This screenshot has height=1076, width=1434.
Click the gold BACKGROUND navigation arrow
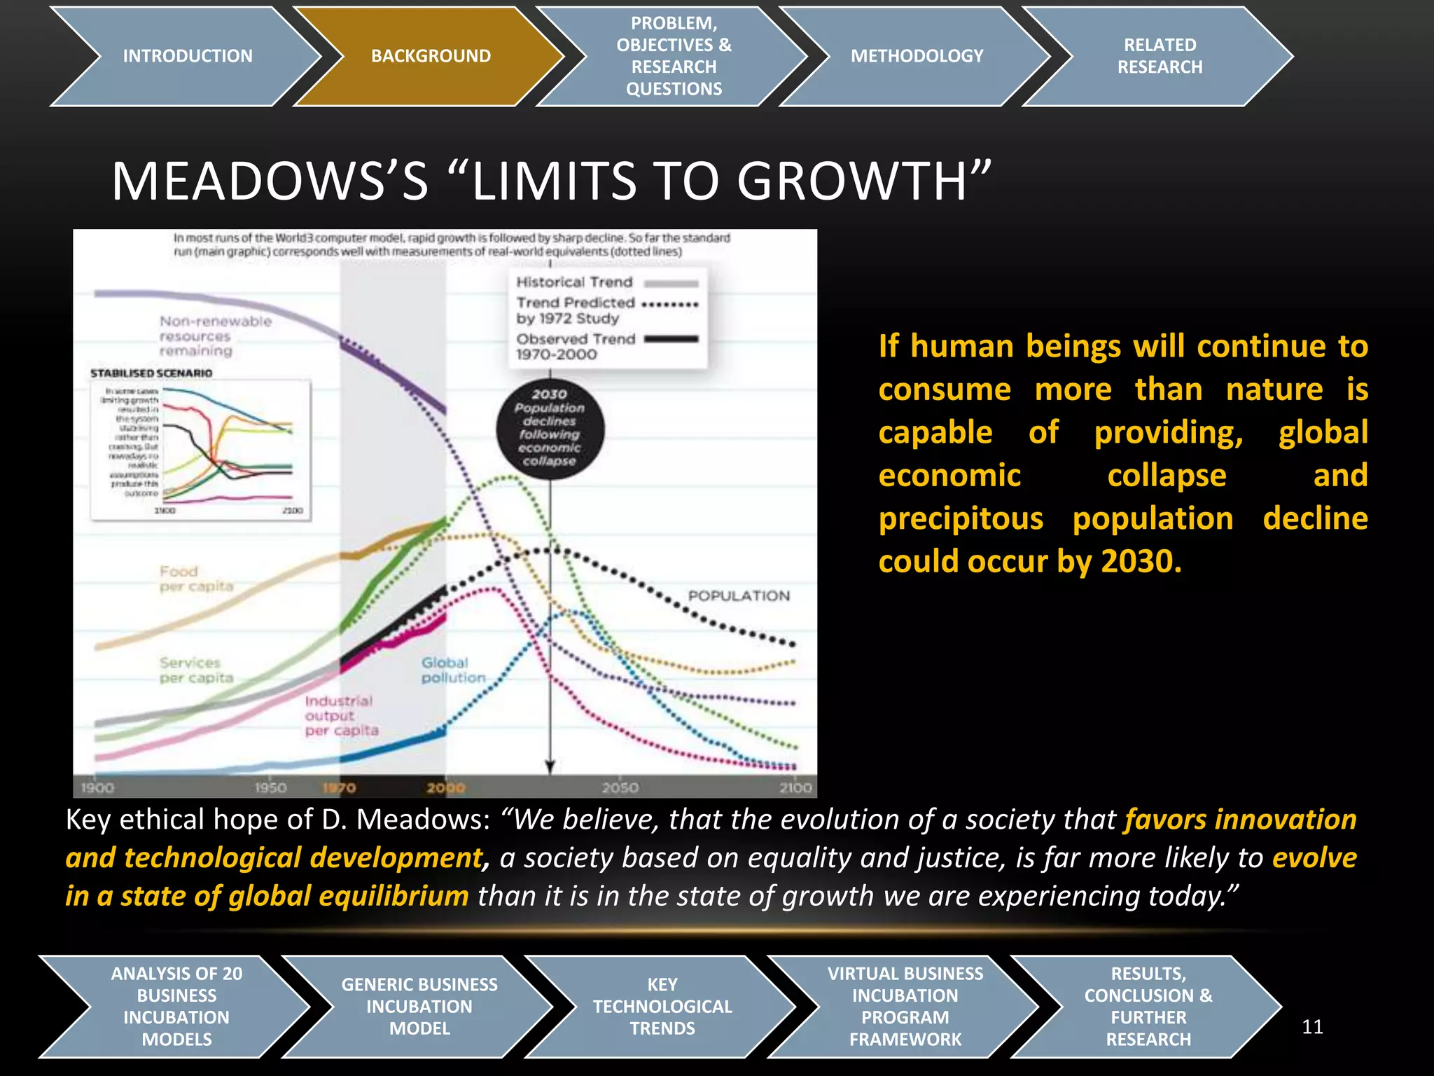[430, 56]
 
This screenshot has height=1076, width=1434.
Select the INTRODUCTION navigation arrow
[187, 56]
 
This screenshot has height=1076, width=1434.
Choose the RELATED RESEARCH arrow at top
[1159, 56]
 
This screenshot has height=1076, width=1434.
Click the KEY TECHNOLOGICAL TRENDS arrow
[662, 1006]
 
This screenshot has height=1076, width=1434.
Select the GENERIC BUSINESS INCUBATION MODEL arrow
[419, 1006]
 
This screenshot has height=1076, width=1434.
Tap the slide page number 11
[1311, 1027]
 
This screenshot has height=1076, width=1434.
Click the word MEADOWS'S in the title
[270, 181]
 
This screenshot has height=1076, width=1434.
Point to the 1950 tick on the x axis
[270, 787]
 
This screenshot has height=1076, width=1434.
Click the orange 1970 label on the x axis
[339, 788]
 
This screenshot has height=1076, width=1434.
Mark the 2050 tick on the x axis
[620, 787]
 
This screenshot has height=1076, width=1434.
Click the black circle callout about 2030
[550, 427]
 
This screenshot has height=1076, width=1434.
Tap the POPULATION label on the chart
[739, 595]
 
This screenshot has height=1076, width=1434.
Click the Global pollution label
[452, 670]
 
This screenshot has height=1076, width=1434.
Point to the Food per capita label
[195, 579]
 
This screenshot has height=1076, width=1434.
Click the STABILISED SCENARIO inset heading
[151, 373]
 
